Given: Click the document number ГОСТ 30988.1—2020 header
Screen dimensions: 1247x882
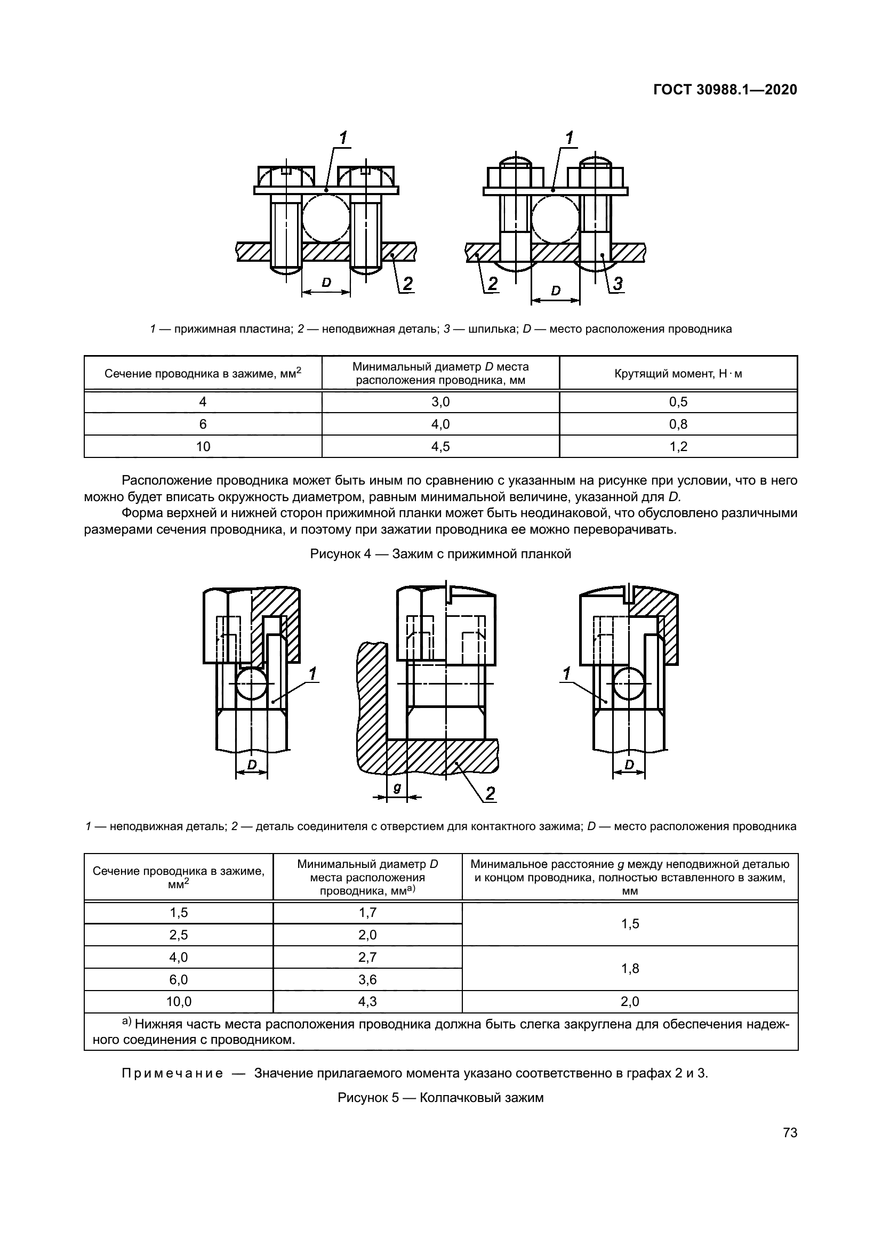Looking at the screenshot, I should click(725, 90).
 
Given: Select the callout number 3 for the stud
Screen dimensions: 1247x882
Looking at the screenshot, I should click(618, 283).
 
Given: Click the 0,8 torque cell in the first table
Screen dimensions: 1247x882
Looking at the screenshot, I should click(678, 424).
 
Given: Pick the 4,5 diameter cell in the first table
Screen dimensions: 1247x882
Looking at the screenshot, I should click(440, 446).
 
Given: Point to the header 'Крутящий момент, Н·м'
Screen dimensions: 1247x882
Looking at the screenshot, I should click(678, 374).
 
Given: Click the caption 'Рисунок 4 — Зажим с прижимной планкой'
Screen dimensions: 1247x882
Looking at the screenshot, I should click(440, 554).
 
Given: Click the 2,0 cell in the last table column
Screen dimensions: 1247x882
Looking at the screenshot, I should click(629, 1002).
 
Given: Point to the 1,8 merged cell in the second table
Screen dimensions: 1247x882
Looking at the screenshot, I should click(629, 968).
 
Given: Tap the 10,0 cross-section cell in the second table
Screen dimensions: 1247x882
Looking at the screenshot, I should click(179, 1002).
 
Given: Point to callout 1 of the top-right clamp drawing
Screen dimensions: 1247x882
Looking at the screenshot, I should click(569, 139).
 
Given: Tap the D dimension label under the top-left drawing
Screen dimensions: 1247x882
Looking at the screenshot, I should click(326, 283).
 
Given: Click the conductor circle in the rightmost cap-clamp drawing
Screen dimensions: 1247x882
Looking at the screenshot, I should click(629, 683).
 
